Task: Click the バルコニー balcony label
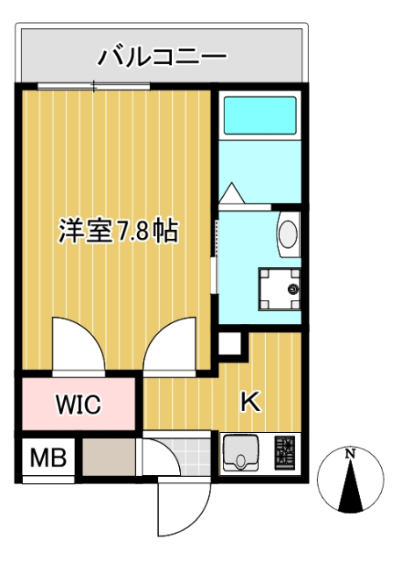coord(162,58)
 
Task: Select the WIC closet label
coord(79,405)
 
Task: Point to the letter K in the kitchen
coord(250,401)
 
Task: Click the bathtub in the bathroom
coord(260,114)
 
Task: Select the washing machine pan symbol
coord(279,287)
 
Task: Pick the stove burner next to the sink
coord(286,453)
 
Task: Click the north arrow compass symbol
coord(350,481)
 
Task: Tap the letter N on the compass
coord(350,454)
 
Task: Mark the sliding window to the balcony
coord(94,85)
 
